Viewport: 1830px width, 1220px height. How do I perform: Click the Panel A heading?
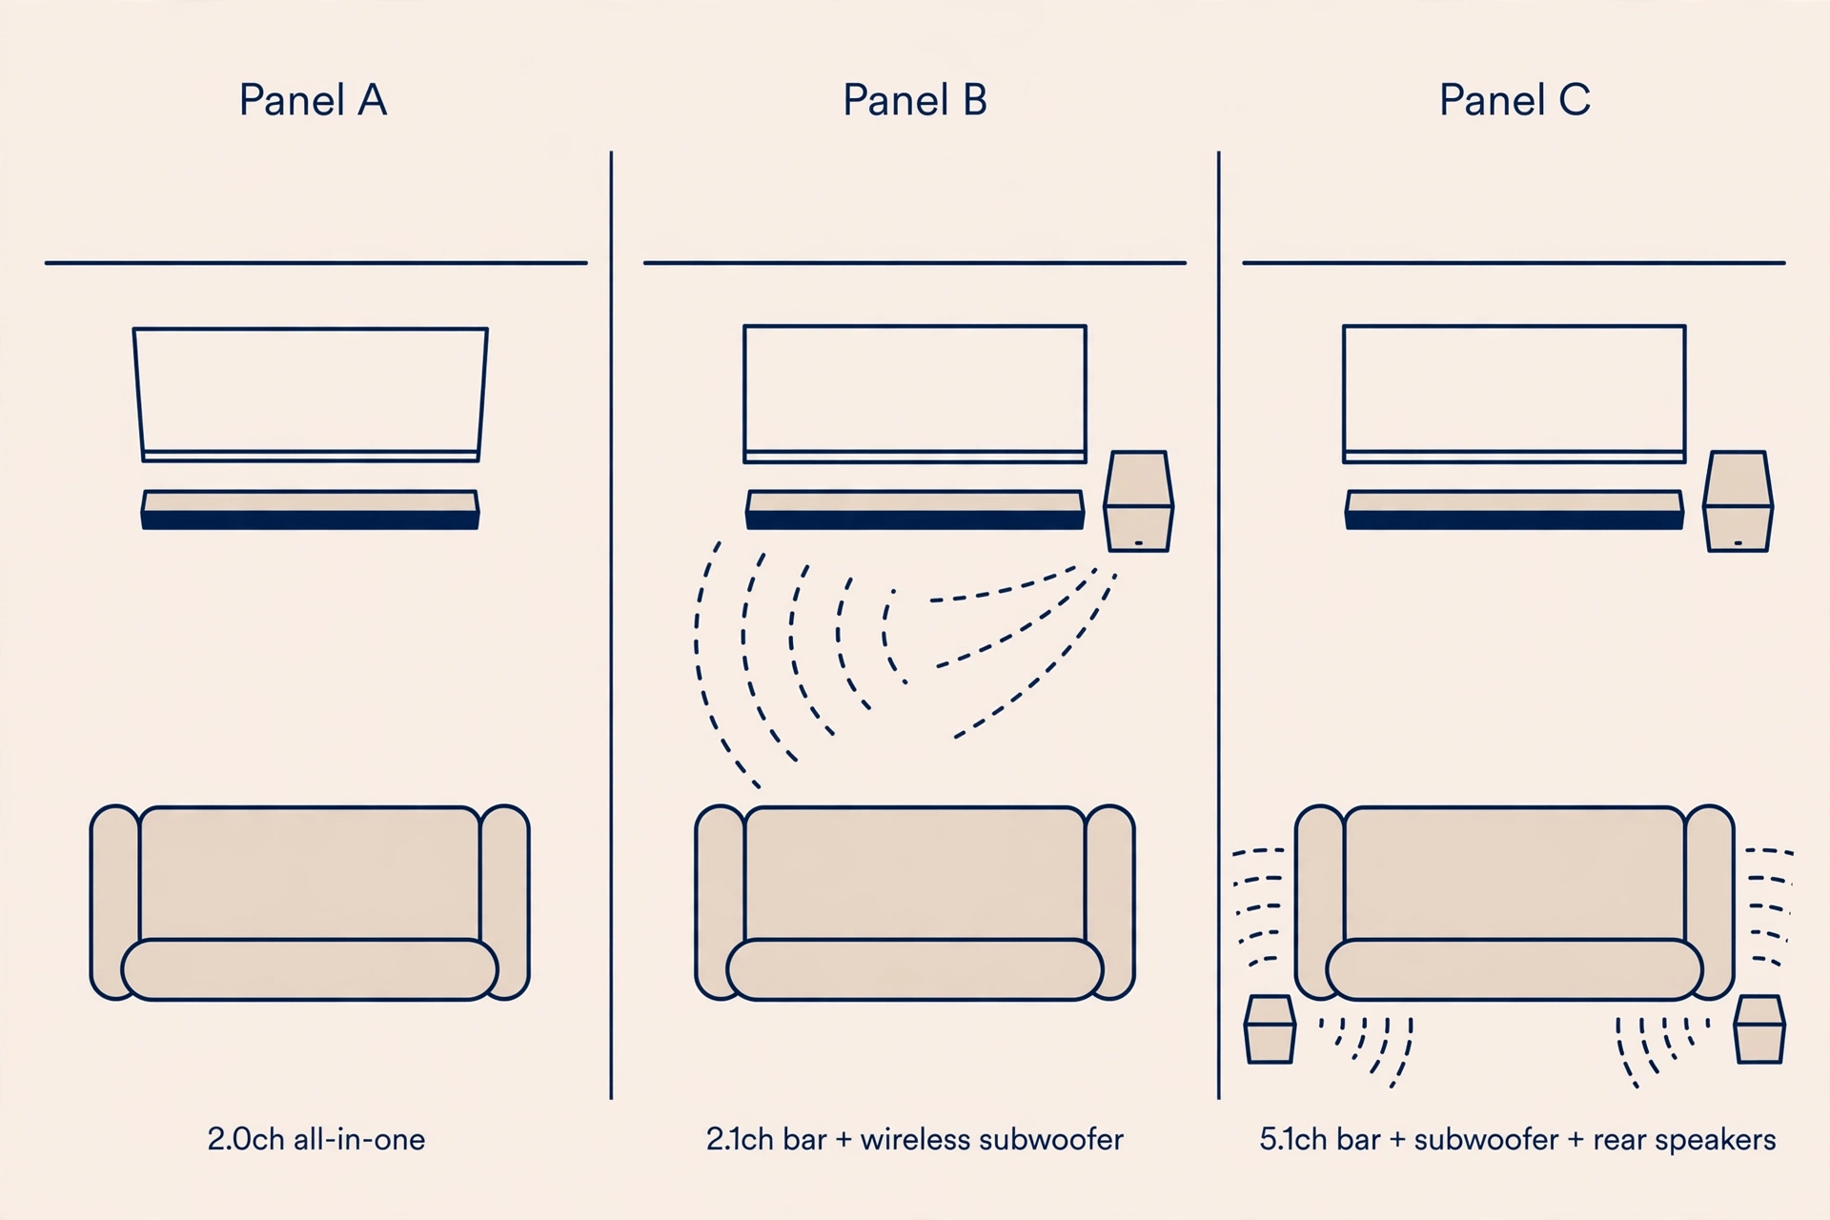(313, 100)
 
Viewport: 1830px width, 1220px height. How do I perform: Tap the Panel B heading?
(915, 100)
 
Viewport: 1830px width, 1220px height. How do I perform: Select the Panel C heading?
(1515, 100)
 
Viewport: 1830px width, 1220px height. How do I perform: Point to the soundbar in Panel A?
(311, 510)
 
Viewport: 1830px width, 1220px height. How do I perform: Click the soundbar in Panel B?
(915, 510)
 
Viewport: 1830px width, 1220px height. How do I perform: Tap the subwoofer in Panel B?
(1138, 501)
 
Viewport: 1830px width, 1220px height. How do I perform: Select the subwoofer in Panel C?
(1738, 501)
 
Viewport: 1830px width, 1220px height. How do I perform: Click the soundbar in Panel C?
(1515, 510)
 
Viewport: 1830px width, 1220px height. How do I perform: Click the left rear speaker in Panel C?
(1270, 1029)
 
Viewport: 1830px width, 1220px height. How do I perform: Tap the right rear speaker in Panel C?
(1759, 1029)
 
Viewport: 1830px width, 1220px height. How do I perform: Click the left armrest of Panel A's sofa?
(114, 902)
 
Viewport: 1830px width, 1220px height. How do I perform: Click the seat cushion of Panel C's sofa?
(1515, 969)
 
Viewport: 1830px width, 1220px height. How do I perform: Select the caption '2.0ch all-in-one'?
(316, 1139)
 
